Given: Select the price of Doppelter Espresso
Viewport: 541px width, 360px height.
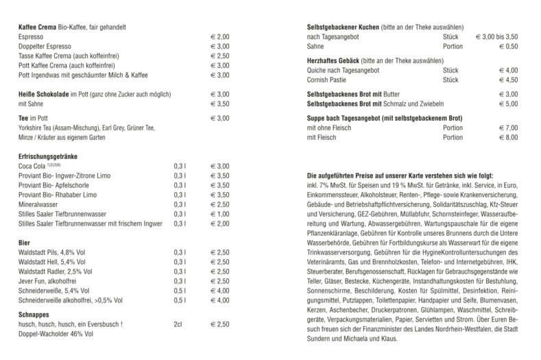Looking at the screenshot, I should [220, 45].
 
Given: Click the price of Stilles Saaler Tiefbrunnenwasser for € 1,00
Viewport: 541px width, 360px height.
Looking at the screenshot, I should [220, 213].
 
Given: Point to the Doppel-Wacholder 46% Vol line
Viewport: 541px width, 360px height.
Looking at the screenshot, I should [60, 333].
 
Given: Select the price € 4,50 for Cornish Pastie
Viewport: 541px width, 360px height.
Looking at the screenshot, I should [508, 79].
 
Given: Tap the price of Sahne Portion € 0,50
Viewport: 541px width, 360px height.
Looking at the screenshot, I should [508, 45].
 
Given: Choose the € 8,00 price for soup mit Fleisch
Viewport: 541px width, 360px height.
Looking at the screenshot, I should [508, 137].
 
